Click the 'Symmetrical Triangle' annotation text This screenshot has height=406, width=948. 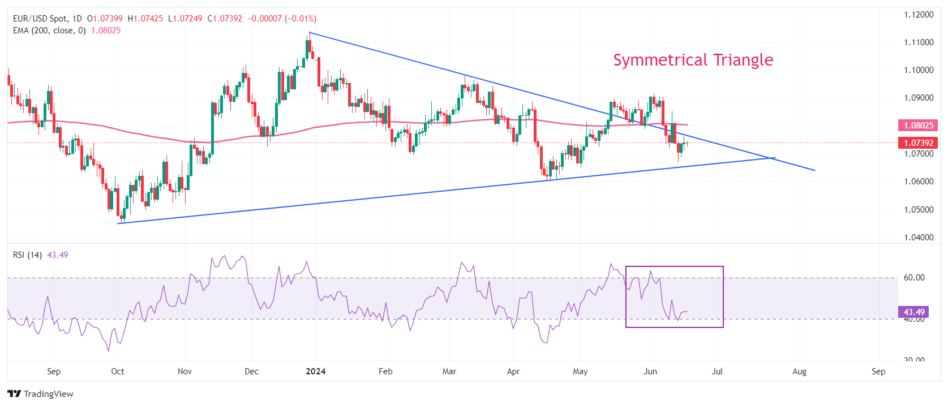point(693,60)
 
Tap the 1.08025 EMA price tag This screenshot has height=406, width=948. point(918,125)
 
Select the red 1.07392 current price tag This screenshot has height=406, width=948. point(918,143)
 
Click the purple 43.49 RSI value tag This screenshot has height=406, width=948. point(913,312)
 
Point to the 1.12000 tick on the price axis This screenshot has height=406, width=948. point(919,15)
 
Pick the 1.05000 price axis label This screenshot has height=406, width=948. point(919,210)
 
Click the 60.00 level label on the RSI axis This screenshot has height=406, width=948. point(914,278)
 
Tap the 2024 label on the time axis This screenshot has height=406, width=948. point(315,372)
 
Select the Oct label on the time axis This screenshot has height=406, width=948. point(118,372)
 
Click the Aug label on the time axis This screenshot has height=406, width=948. point(799,372)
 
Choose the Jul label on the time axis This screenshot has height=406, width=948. point(717,372)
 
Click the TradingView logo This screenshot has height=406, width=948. point(41,394)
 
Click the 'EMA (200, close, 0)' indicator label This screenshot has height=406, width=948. point(49,31)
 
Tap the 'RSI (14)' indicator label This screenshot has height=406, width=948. point(27,255)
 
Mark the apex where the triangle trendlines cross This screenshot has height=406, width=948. point(772,158)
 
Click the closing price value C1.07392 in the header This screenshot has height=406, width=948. point(225,19)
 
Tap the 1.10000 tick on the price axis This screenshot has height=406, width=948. point(919,70)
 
